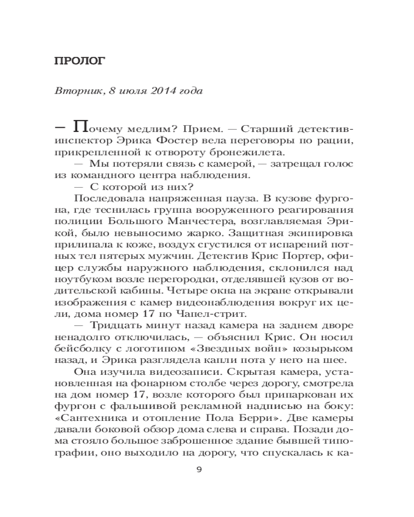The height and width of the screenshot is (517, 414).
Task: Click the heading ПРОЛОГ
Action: pos(80,62)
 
